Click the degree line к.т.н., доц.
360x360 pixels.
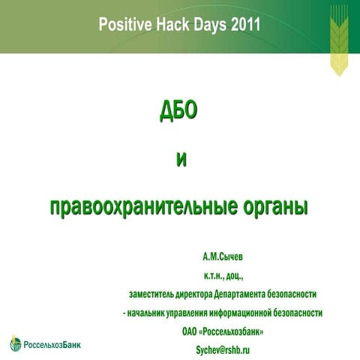coord(223,275)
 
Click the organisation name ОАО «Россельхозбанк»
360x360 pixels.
coord(223,331)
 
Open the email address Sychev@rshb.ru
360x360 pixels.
coord(223,349)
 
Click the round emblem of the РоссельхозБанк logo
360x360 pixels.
coord(16,344)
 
